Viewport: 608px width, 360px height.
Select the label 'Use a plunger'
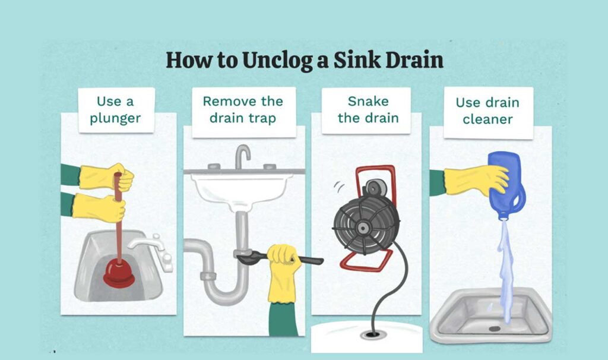(116, 110)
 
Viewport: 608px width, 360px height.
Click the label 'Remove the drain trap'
(243, 109)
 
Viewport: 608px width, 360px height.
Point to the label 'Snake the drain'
(368, 109)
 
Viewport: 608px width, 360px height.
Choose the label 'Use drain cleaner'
(487, 110)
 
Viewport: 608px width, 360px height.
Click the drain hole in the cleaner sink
(495, 329)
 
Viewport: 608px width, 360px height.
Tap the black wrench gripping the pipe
(279, 259)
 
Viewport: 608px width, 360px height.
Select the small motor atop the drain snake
(373, 188)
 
